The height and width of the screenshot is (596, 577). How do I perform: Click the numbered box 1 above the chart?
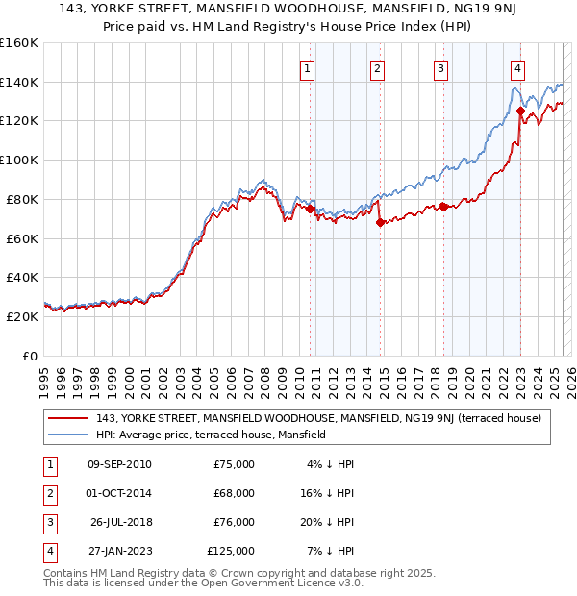coord(307,68)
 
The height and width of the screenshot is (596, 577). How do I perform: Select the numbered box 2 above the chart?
coord(377,68)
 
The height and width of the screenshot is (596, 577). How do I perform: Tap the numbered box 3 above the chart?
coord(440,68)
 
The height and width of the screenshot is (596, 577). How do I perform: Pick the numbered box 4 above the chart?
coord(517,68)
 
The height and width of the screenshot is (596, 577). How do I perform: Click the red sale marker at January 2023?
coord(520,111)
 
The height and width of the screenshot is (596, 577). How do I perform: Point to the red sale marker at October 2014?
coord(380,222)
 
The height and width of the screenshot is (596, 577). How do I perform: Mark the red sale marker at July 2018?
coord(443,206)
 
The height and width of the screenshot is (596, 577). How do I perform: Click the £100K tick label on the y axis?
coord(19,160)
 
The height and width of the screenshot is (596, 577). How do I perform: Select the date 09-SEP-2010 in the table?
coord(119,464)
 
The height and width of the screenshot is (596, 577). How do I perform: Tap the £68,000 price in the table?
coord(234,493)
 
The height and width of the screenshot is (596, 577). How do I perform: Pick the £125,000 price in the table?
coord(231,551)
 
